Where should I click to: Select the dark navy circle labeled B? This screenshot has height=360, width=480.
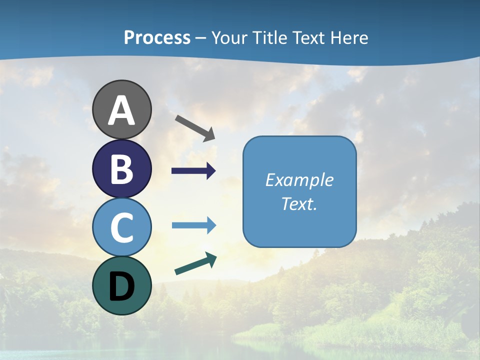pyautogui.click(x=122, y=169)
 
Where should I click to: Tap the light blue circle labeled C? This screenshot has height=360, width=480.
pyautogui.click(x=122, y=227)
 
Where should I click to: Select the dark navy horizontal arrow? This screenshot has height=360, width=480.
pyautogui.click(x=193, y=171)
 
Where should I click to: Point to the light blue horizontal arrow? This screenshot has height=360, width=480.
pyautogui.click(x=193, y=225)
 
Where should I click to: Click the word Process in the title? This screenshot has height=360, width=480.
pyautogui.click(x=157, y=37)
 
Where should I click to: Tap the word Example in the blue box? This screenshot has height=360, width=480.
pyautogui.click(x=299, y=180)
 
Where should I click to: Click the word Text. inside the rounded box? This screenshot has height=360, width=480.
pyautogui.click(x=299, y=203)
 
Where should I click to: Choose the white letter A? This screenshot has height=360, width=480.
pyautogui.click(x=122, y=110)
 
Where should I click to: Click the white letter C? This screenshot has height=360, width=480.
pyautogui.click(x=122, y=227)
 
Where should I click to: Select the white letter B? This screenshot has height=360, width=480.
pyautogui.click(x=122, y=169)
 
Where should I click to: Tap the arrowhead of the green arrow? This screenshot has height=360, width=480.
pyautogui.click(x=211, y=259)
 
